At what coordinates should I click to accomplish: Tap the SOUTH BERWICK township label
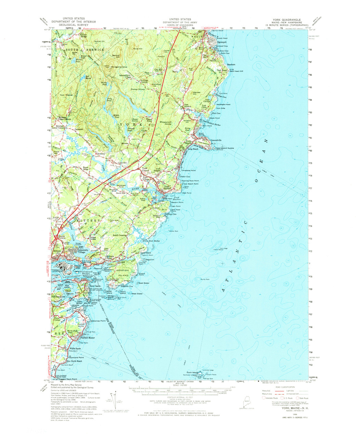click(82, 50)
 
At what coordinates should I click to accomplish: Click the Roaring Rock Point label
click(191, 181)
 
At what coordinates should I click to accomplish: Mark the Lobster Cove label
click(185, 177)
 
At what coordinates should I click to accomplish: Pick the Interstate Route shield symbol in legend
click(264, 398)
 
